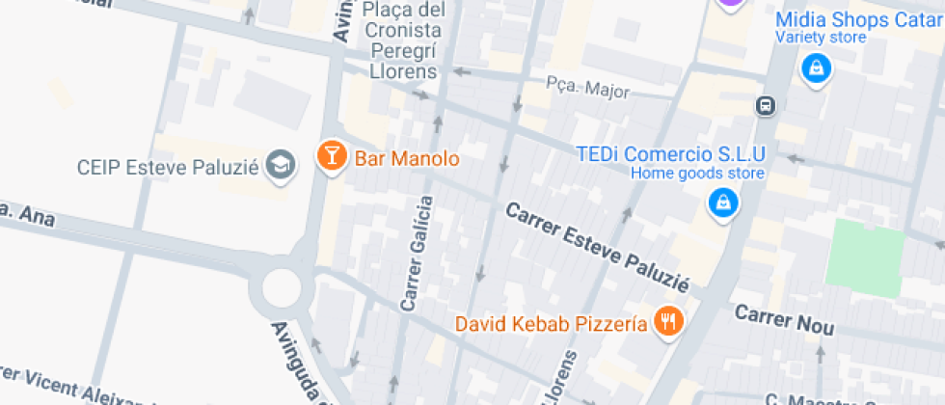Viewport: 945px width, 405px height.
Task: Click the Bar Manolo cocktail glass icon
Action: pos(332,156)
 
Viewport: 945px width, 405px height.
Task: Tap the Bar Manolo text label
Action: pos(407,157)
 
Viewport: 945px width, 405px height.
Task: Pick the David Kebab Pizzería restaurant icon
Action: pos(667,322)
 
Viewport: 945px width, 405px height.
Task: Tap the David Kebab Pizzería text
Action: pos(552,324)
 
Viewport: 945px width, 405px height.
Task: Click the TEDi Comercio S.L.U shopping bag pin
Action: pos(722,202)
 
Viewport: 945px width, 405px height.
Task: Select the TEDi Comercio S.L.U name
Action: pos(669,154)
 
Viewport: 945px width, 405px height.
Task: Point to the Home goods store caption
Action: pos(697,174)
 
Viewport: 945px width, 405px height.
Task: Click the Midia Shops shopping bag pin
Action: pos(816,68)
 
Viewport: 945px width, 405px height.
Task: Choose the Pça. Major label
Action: pos(587,90)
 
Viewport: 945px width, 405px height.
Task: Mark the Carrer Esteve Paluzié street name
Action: pos(598,247)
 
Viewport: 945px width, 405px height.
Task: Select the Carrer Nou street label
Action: pos(783,320)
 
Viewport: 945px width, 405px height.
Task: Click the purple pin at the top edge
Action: pos(732,4)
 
